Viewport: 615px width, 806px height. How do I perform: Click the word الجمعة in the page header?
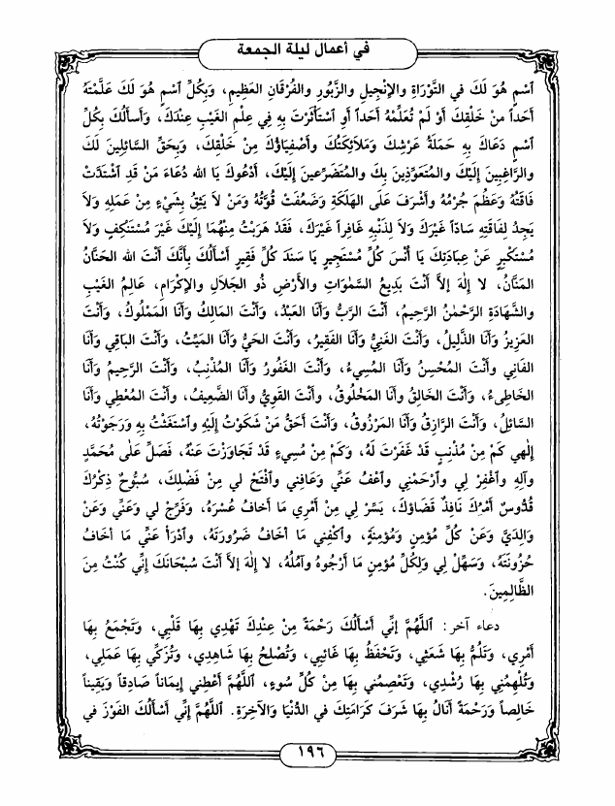click(266, 47)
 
